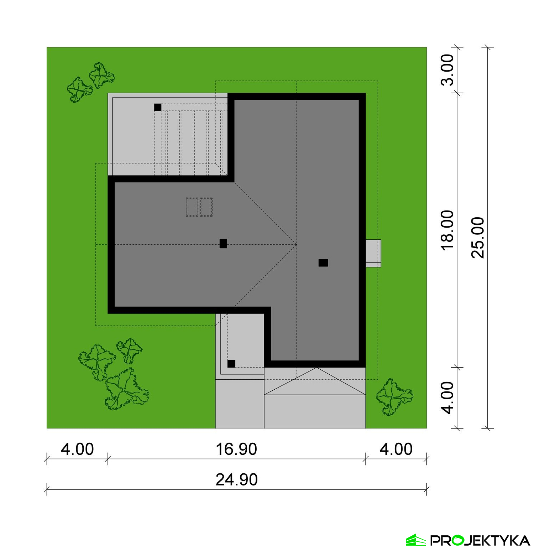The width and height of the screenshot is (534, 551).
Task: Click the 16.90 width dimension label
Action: [x=236, y=449]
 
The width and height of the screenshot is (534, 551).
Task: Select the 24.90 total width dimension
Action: [x=236, y=480]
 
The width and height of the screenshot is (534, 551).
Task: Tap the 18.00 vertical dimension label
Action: [x=447, y=230]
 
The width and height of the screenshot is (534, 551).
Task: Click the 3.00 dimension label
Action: [x=447, y=70]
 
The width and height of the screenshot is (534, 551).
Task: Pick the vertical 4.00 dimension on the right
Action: [x=447, y=397]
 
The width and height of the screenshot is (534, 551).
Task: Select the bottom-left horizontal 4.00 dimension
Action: [x=77, y=449]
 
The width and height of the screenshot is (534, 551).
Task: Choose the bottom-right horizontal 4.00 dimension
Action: [x=396, y=449]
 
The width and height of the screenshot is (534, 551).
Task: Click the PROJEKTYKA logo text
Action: [x=480, y=540]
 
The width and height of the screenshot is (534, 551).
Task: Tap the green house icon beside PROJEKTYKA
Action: [x=415, y=540]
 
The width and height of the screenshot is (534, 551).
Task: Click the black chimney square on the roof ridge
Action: [x=223, y=244]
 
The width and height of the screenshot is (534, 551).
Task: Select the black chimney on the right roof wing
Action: [x=323, y=263]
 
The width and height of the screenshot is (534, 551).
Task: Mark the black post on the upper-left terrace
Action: [x=158, y=107]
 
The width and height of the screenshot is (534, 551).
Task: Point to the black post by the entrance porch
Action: [x=231, y=364]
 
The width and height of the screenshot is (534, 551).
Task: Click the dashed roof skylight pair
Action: [x=199, y=207]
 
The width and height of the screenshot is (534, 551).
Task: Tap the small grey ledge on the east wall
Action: [x=373, y=253]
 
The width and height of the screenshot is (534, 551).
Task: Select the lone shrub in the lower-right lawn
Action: [x=394, y=397]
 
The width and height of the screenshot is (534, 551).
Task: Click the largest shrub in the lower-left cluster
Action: [x=127, y=389]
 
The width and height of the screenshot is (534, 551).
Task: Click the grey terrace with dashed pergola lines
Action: [x=168, y=135]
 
